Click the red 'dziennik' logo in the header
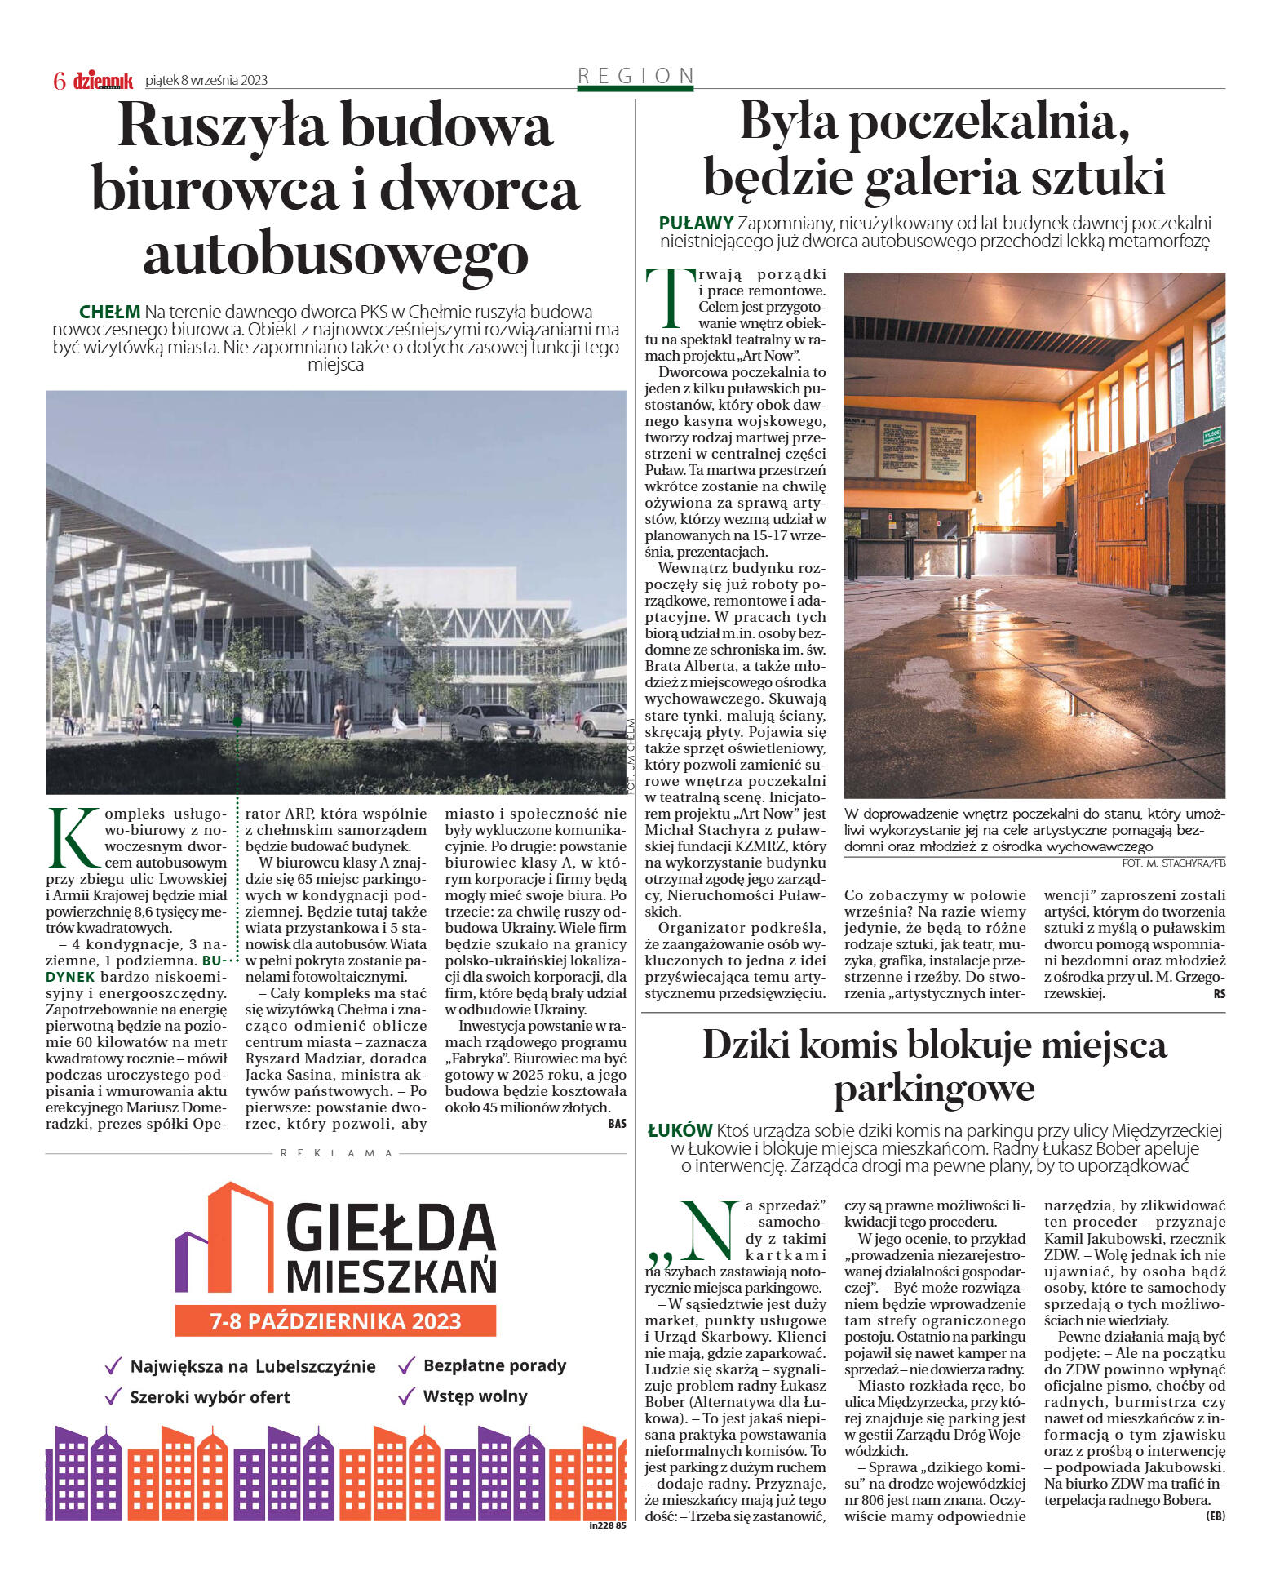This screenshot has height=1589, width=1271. [103, 80]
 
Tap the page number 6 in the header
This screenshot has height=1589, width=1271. [59, 80]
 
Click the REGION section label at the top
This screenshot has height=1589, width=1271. [635, 76]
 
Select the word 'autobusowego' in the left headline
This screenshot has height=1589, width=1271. [335, 253]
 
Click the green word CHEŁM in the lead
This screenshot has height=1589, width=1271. [109, 312]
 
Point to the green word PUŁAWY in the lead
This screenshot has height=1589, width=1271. [696, 223]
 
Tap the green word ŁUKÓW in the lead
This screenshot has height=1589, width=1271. [680, 1130]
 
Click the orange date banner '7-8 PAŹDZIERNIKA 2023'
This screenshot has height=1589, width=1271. [335, 1320]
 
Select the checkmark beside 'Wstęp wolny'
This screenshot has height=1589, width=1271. [406, 1396]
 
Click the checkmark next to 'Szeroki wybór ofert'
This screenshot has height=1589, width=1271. [113, 1397]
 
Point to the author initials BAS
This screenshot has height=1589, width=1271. [617, 1124]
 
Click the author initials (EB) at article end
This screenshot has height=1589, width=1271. [1214, 1516]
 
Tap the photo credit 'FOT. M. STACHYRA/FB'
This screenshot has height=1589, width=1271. [1173, 863]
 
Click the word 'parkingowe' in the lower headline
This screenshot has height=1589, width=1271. [933, 1088]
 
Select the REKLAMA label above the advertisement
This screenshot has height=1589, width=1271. [335, 1153]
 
